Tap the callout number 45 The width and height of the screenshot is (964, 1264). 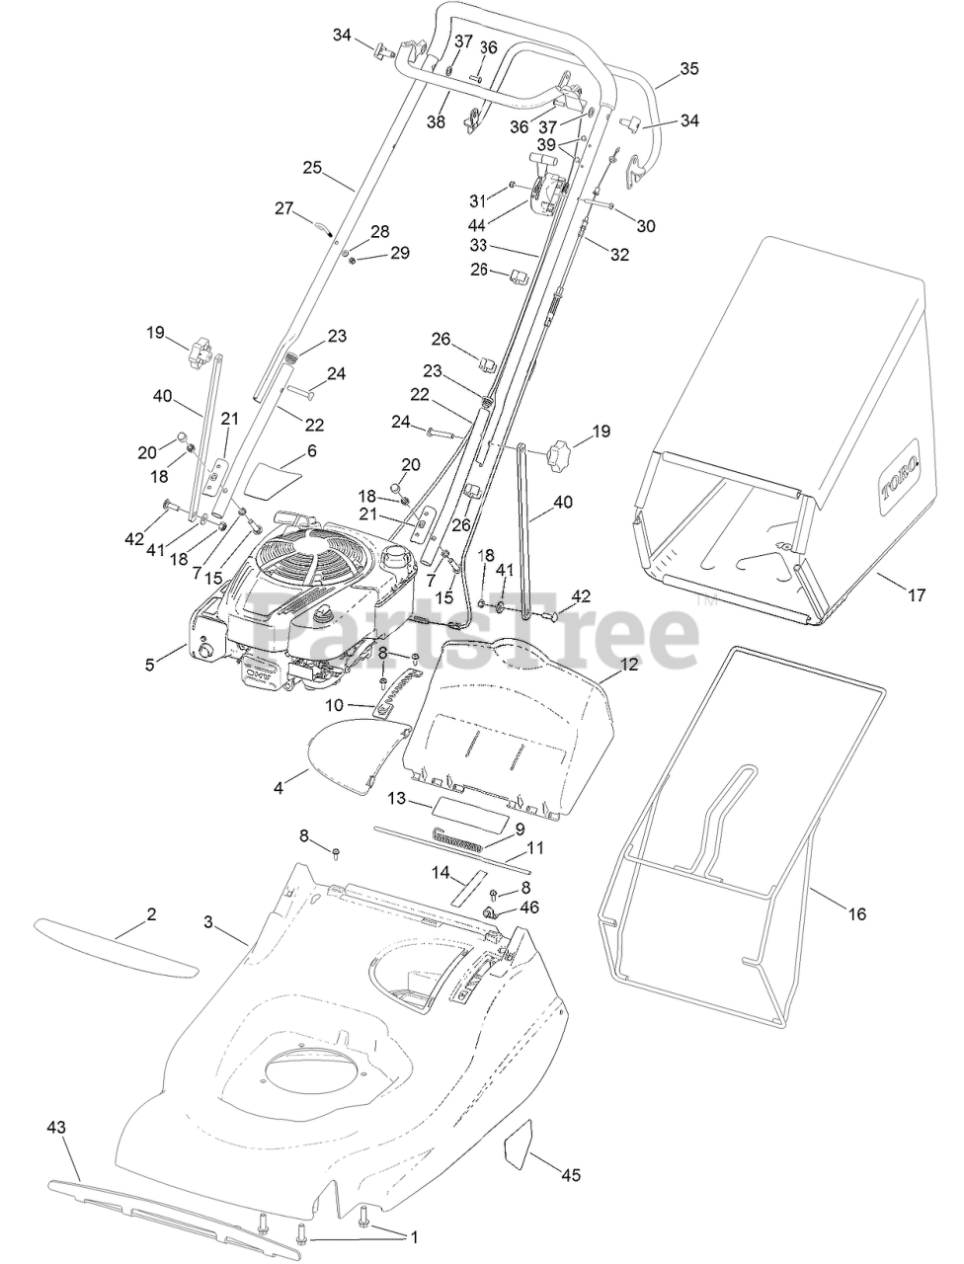click(571, 1175)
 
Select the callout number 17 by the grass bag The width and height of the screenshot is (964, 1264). click(917, 594)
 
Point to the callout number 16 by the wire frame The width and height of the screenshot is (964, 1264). click(856, 914)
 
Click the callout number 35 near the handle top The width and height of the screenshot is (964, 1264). click(689, 69)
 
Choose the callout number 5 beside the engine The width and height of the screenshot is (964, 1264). click(150, 665)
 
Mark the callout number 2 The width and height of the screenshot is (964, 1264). click(151, 915)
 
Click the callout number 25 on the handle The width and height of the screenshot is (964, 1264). click(312, 168)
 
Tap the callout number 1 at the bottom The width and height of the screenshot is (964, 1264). click(415, 1236)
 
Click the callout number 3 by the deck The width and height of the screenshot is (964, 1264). click(208, 922)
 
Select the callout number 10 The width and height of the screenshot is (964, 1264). click(335, 705)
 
